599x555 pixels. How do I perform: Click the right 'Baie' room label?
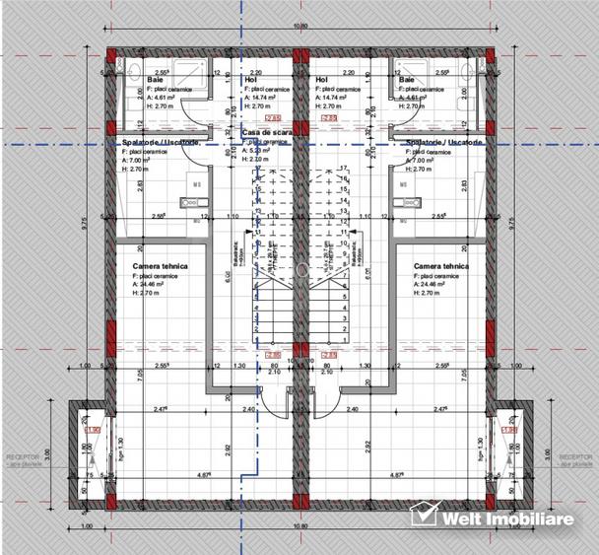[407, 79]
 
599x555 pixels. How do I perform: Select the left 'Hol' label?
[250, 79]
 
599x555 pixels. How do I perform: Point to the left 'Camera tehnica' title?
[161, 266]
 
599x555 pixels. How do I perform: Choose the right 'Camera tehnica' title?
[441, 266]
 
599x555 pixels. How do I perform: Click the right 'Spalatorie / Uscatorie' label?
[444, 142]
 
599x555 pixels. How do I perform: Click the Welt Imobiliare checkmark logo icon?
[424, 515]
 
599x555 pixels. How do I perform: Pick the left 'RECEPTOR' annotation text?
[23, 457]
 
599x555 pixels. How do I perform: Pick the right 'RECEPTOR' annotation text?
[575, 457]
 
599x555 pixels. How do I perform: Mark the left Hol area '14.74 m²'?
[262, 98]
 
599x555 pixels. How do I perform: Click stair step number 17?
[344, 168]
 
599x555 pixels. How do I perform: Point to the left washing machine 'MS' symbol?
[197, 183]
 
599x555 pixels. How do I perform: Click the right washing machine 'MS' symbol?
[403, 183]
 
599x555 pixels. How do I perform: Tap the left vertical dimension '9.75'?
[88, 223]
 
